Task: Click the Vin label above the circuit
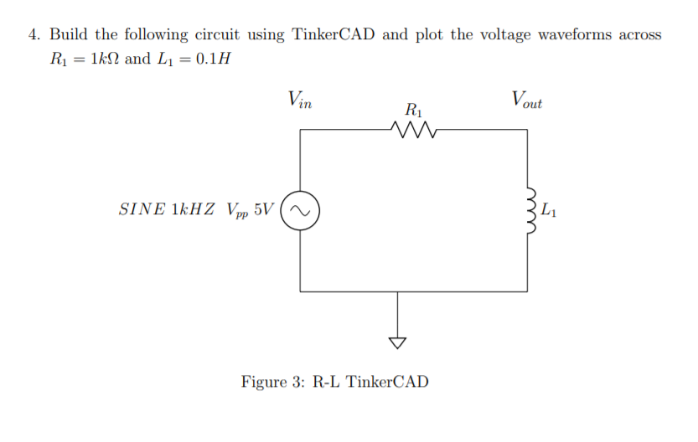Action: coord(298,101)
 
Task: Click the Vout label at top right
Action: coord(526,101)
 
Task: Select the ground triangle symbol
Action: coord(397,342)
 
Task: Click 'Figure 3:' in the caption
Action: coord(273,383)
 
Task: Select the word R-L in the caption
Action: coord(327,383)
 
